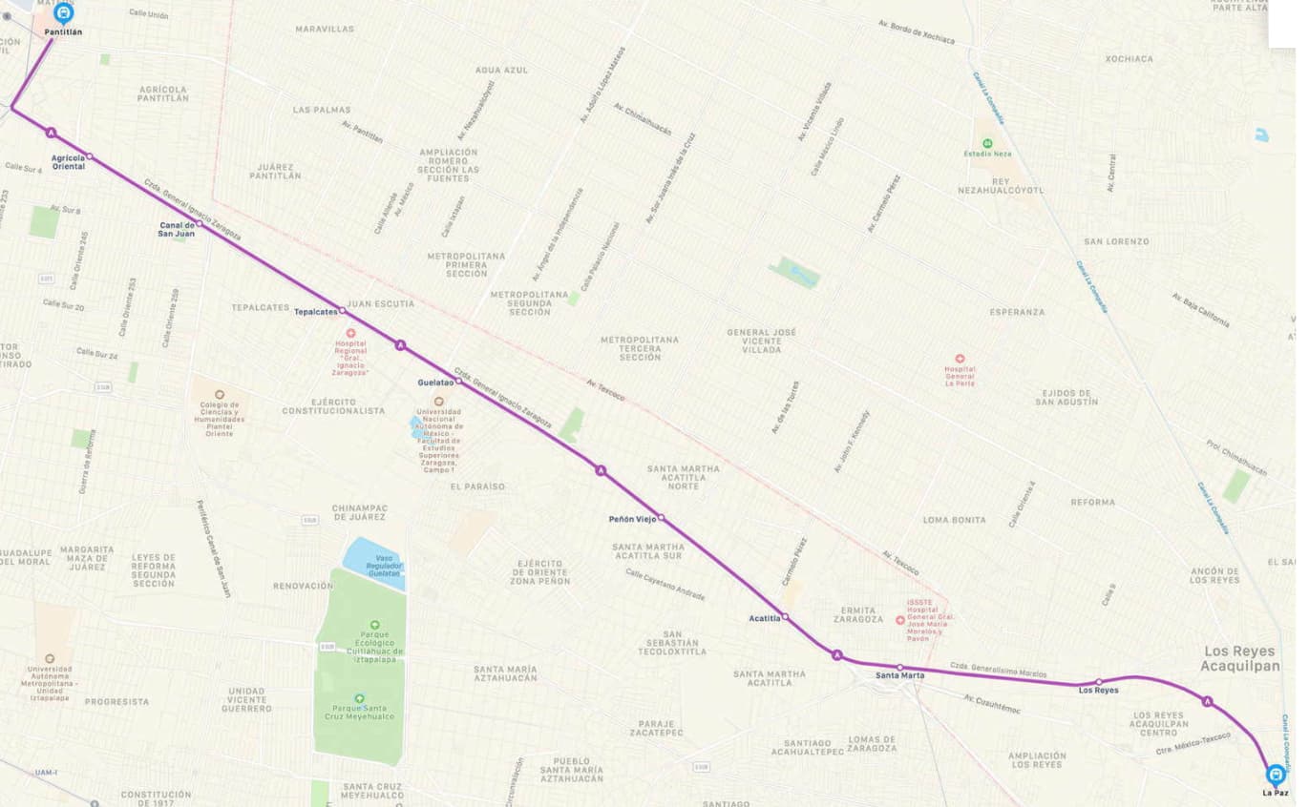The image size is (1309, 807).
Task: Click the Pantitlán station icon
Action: click(64, 13)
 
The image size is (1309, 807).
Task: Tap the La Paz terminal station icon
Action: click(1275, 775)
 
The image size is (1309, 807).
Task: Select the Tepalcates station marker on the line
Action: click(343, 311)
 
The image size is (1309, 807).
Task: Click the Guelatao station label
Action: click(434, 383)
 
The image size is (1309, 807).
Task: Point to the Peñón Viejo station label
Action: click(632, 519)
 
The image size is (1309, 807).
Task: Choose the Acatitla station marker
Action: click(785, 618)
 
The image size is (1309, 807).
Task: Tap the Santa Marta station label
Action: click(900, 675)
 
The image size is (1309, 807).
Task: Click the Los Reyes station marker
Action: click(1099, 682)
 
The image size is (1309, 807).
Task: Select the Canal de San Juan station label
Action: click(177, 229)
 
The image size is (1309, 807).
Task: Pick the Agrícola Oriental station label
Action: click(68, 161)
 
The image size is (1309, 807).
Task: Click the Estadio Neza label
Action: click(987, 153)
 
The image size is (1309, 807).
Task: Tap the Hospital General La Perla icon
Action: click(960, 360)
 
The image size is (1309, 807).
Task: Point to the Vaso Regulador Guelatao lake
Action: click(373, 563)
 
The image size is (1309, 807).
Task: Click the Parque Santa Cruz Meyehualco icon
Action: click(359, 698)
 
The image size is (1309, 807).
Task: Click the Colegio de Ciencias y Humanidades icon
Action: click(219, 394)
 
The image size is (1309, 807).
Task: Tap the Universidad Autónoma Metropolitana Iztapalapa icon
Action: click(50, 658)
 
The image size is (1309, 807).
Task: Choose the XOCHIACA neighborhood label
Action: click(1129, 58)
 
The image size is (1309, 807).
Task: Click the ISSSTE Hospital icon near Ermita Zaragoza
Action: click(899, 620)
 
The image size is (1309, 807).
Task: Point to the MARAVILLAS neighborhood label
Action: click(324, 30)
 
